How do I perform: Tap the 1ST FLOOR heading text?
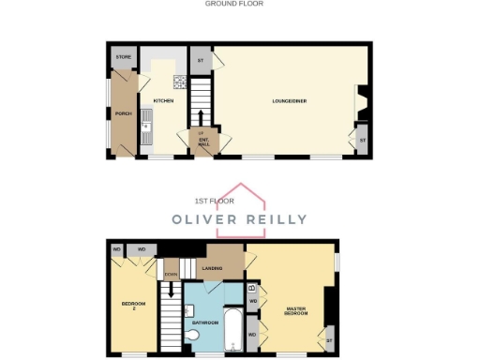214,201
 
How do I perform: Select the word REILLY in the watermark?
271,219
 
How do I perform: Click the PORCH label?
123,113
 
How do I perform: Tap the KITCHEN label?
162,100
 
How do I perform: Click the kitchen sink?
146,125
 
